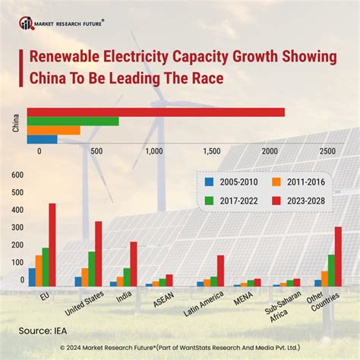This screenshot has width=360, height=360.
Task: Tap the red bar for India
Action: [134, 264]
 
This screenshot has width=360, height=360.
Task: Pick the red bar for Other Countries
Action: [338, 256]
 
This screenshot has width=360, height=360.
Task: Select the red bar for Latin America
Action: [221, 270]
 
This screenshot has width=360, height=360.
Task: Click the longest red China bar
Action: [156, 112]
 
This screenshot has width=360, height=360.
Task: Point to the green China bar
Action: [73, 121]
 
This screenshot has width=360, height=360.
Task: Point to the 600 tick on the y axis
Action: [17, 175]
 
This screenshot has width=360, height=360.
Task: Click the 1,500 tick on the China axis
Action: [212, 151]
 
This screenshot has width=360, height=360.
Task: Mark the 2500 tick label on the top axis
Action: [327, 151]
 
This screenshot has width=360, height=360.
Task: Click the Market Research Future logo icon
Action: [27, 23]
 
